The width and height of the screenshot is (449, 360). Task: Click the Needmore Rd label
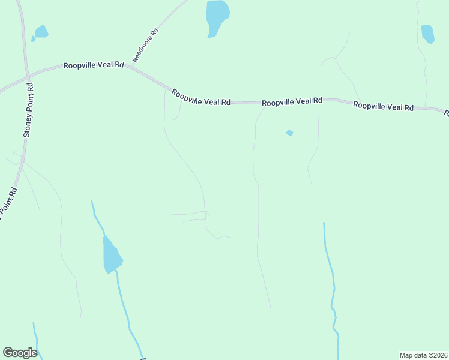[x=146, y=46]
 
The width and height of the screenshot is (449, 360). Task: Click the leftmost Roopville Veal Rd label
[x=94, y=64]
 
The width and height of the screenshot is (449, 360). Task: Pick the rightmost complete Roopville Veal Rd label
[x=383, y=106]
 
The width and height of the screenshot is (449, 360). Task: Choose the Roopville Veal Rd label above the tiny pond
[x=292, y=101]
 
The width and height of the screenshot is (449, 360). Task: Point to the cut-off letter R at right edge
[x=446, y=112]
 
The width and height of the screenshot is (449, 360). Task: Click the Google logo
[x=20, y=353]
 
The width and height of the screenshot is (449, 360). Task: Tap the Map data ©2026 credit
[x=423, y=355]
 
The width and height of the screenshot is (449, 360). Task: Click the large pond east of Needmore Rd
[x=217, y=16]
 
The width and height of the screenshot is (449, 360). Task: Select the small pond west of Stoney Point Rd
[x=41, y=32]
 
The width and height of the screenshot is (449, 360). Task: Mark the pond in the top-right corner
[x=427, y=33]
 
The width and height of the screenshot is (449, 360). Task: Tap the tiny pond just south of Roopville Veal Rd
[x=289, y=133]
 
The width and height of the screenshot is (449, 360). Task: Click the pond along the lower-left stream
[x=112, y=255]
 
